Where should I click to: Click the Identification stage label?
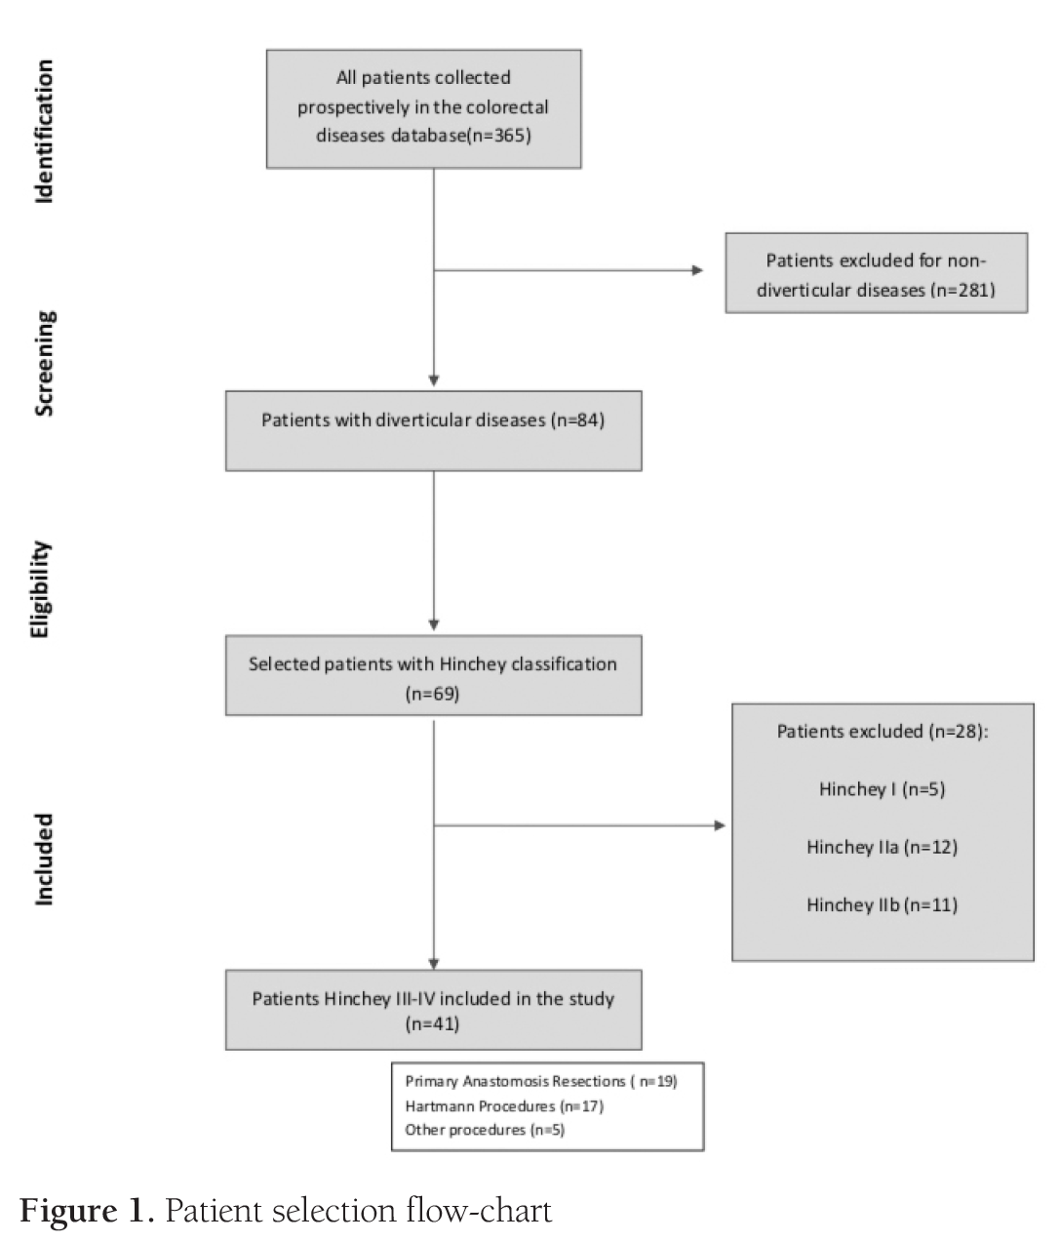44,131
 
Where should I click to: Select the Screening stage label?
44,364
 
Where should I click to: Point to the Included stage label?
44,860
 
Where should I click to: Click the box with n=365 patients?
423,108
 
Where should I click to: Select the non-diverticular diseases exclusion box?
876,273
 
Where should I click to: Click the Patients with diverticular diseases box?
433,430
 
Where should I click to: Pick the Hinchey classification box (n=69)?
433,675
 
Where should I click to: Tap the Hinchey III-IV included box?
433,1009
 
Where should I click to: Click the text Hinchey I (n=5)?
882,788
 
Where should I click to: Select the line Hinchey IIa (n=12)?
882,847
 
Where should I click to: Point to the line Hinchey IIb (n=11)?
882,904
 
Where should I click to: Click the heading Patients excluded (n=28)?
882,731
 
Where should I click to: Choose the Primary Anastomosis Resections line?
540,1081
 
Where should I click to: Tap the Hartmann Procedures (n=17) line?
503,1105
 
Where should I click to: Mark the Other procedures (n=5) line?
484,1130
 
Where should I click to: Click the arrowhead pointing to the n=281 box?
697,270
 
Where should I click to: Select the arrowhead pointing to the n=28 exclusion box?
720,826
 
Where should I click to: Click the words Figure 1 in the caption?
86,1211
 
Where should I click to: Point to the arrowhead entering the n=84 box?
434,381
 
